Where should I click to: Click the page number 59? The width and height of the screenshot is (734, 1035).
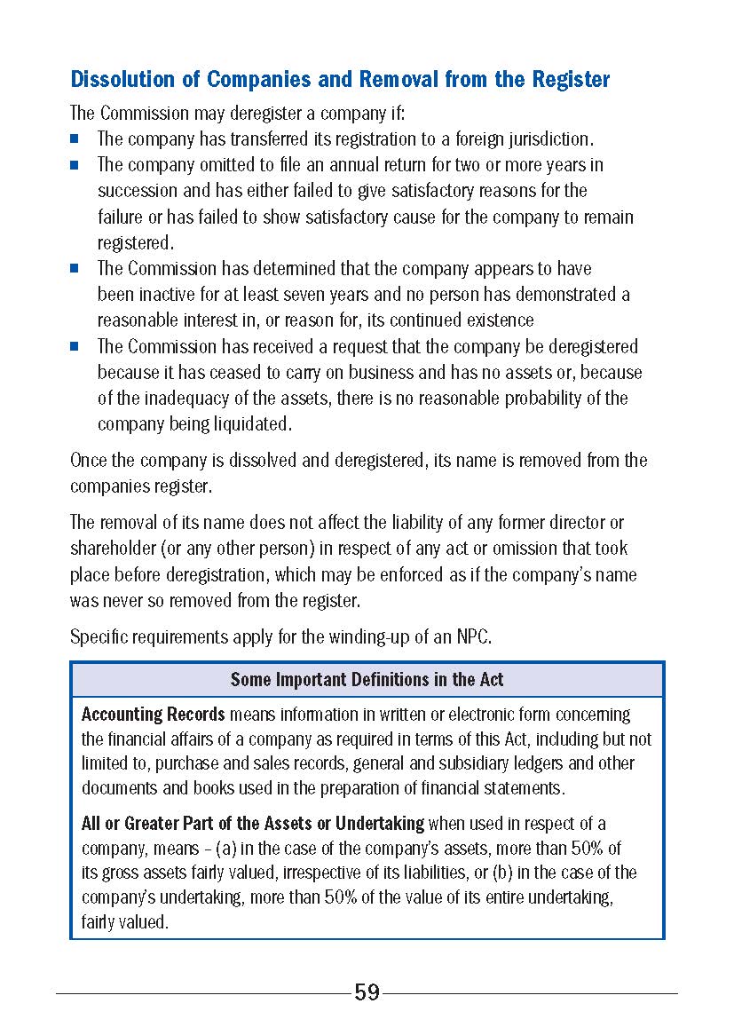(367, 992)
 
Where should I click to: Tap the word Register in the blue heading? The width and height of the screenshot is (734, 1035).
(571, 80)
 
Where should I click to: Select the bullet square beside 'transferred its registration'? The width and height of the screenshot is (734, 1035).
(75, 139)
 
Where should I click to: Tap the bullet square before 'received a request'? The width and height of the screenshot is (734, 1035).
(75, 346)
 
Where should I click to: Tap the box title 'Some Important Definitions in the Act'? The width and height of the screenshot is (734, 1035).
(367, 680)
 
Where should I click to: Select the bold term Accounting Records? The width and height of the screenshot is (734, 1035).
(154, 715)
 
